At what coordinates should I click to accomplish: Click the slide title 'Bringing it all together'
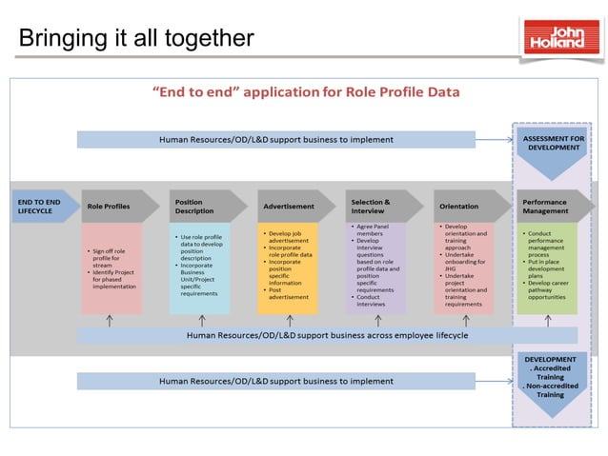[x=136, y=38]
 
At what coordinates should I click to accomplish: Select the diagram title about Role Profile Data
[x=306, y=92]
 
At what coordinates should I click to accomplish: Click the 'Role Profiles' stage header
[x=111, y=206]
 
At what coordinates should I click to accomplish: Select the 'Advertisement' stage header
[x=289, y=206]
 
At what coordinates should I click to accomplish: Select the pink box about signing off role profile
[x=111, y=268]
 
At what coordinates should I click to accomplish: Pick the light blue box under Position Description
[x=200, y=268]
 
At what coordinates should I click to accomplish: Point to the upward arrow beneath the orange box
[x=289, y=321]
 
